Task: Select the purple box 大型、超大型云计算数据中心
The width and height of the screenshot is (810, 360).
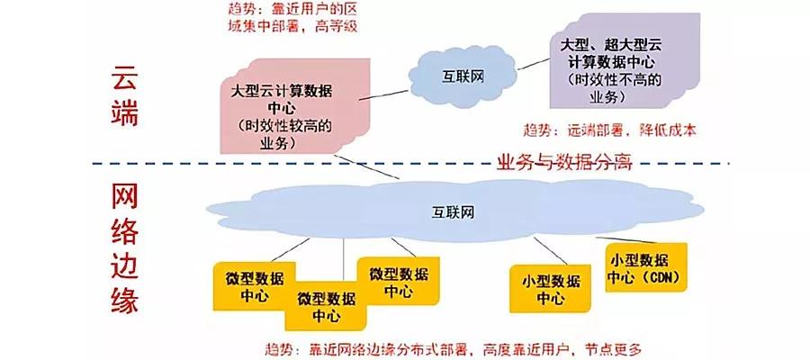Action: tap(625, 61)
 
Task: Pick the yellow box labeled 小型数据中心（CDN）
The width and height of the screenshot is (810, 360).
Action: tap(646, 267)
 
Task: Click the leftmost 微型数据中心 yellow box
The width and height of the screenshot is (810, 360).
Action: tap(251, 284)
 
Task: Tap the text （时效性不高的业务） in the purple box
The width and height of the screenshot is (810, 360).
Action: tap(616, 86)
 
